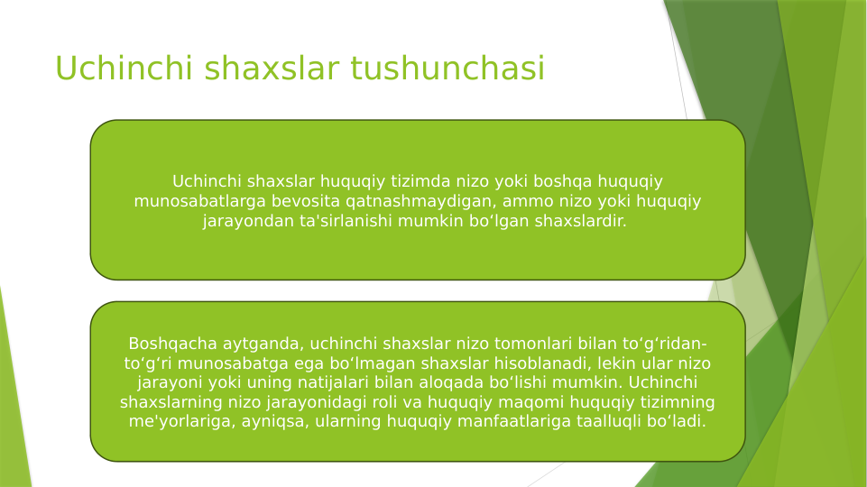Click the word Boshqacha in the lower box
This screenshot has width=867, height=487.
(169, 344)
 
